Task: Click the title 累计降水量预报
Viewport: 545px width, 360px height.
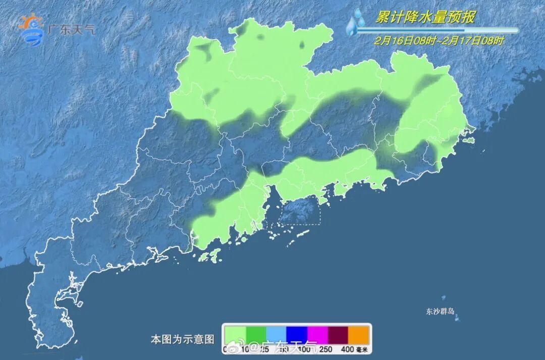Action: pyautogui.click(x=425, y=17)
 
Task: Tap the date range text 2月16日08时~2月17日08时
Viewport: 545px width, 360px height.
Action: pyautogui.click(x=439, y=41)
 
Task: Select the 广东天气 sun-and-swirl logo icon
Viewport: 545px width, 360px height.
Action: pyautogui.click(x=31, y=29)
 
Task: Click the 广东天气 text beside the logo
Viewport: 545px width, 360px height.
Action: pyautogui.click(x=71, y=29)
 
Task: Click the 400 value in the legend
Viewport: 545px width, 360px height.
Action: pyautogui.click(x=348, y=349)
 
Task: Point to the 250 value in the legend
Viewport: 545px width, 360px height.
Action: pyautogui.click(x=326, y=349)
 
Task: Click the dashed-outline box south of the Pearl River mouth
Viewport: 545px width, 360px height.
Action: pyautogui.click(x=300, y=210)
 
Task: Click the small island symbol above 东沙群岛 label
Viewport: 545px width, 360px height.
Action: pyautogui.click(x=444, y=298)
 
